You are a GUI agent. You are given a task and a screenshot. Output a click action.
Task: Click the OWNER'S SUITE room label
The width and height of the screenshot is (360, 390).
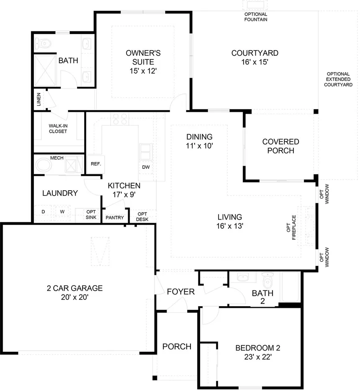(143, 62)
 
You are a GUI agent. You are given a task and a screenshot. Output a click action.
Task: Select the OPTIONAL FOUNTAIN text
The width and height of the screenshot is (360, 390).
(255, 17)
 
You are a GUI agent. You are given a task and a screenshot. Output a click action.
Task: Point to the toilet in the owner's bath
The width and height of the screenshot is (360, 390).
(44, 43)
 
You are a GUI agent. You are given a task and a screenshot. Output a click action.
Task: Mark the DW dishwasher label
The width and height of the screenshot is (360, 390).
(146, 167)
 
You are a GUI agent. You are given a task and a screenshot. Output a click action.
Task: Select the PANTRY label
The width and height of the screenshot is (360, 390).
(114, 217)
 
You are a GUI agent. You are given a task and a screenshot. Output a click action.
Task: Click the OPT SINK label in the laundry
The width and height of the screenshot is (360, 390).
(91, 214)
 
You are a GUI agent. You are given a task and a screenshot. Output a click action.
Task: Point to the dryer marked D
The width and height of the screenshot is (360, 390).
(43, 212)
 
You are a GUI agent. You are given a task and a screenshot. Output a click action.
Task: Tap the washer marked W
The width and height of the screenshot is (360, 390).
(62, 212)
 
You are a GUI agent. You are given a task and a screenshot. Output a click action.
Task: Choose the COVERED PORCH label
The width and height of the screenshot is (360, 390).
(280, 146)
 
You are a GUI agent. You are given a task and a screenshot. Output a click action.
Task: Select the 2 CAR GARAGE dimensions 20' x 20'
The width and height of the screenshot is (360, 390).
(75, 297)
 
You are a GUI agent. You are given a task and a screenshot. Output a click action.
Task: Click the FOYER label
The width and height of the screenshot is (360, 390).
(180, 292)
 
